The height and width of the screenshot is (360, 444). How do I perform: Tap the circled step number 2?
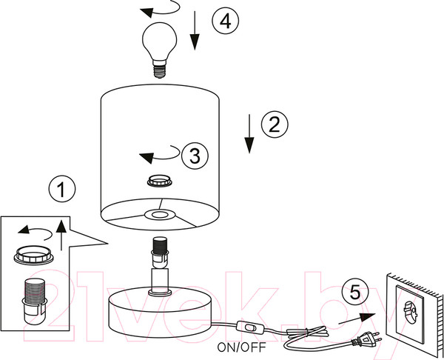(x=275, y=124)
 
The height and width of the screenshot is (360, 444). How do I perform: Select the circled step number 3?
(x=195, y=156)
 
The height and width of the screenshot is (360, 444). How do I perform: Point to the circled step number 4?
(x=226, y=21)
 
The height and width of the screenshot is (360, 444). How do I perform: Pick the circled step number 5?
(x=355, y=293)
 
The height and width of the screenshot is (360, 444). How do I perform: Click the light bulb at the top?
(x=159, y=50)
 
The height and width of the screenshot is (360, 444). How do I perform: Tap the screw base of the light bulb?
(x=159, y=71)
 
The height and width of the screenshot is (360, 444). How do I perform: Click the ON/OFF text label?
(x=241, y=347)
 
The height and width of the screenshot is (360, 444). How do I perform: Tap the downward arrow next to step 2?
(x=249, y=134)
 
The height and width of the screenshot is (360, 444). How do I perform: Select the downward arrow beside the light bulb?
(x=195, y=30)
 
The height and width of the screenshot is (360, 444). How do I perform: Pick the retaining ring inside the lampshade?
(x=160, y=181)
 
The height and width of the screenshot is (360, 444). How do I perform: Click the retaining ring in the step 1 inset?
(x=34, y=256)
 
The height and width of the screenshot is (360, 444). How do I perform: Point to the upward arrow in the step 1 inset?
(x=61, y=234)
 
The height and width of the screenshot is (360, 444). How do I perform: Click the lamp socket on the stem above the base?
(x=160, y=252)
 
